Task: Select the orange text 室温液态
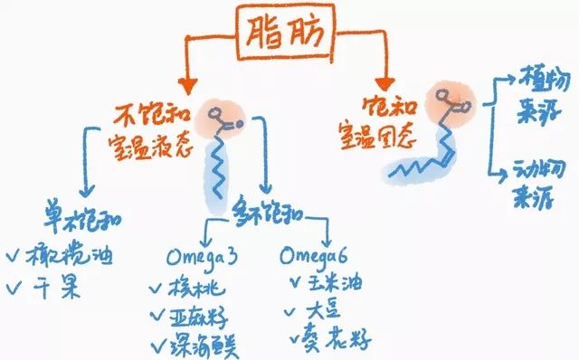tap(150, 146)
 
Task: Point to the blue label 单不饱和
tap(84, 217)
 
